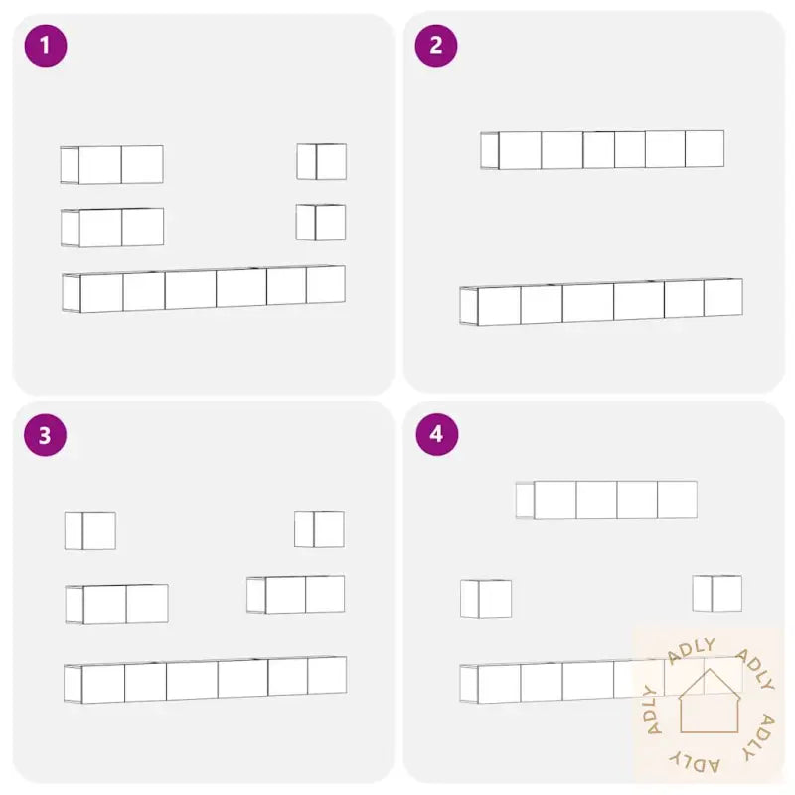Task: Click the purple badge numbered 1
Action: (46, 46)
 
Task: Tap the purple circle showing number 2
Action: (436, 46)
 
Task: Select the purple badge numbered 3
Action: (45, 435)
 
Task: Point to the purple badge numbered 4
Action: (437, 434)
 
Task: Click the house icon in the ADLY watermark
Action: (710, 702)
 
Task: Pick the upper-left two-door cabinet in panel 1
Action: (111, 164)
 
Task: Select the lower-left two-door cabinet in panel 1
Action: (112, 228)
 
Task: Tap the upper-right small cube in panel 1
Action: (321, 161)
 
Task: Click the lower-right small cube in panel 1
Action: (321, 222)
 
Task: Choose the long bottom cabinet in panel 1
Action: (204, 288)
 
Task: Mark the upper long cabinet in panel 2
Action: (602, 150)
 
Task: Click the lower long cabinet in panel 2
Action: (601, 302)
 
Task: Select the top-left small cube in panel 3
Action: (90, 531)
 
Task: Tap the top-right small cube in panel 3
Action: (319, 529)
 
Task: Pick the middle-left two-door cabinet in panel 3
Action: (116, 604)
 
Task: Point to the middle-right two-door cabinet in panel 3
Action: (295, 594)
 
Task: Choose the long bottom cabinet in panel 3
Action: (206, 680)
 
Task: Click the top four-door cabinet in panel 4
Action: (606, 500)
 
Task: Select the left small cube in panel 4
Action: (486, 599)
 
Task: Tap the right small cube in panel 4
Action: (717, 593)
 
